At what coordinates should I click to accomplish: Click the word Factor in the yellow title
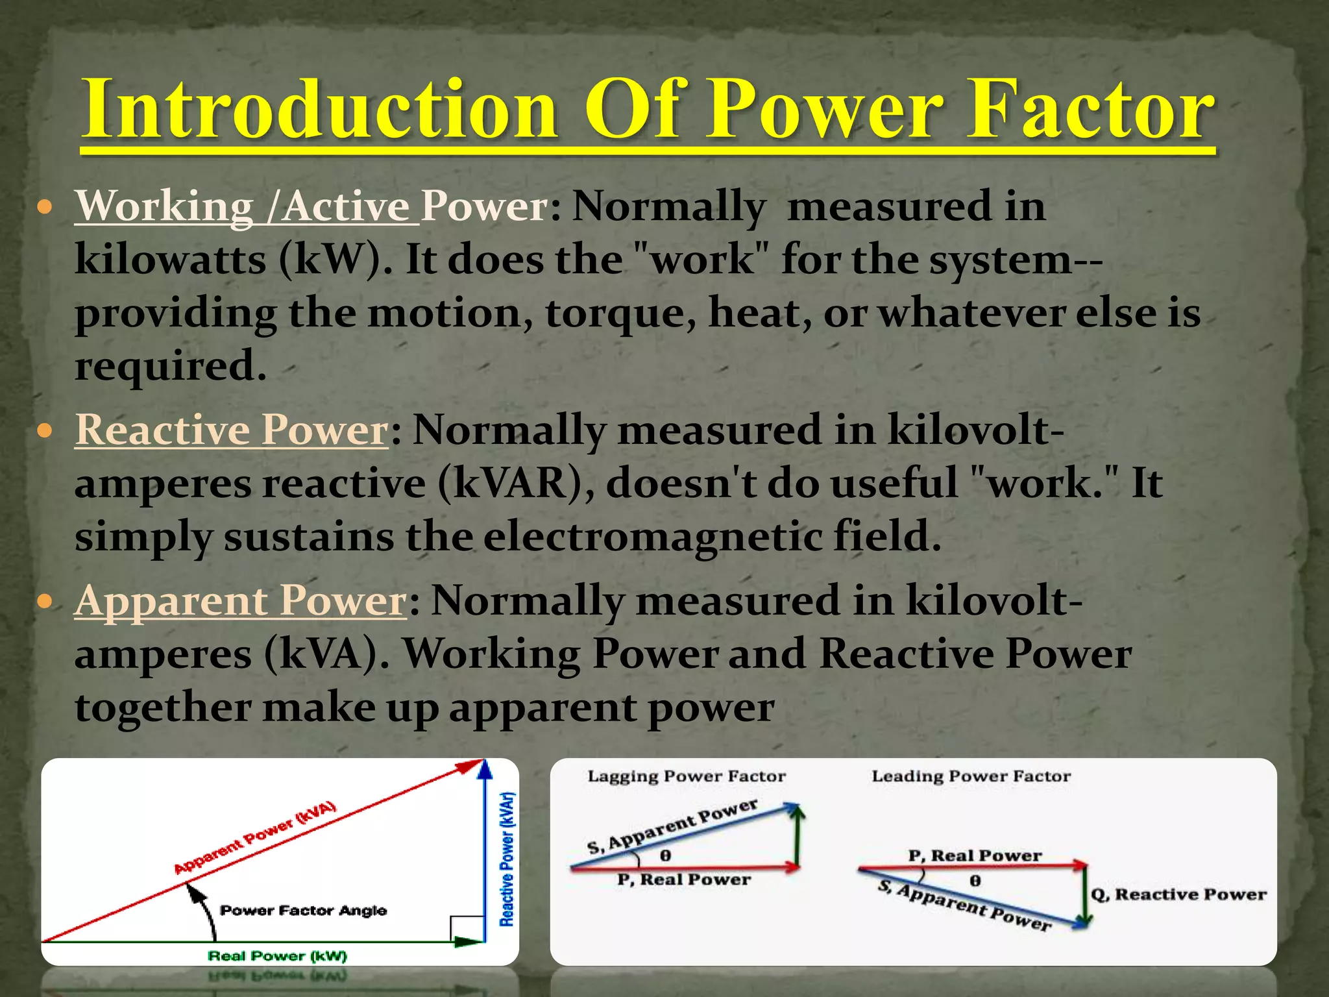(x=1090, y=110)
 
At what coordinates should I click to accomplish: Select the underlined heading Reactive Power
(x=232, y=430)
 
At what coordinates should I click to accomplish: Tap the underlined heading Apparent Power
(x=241, y=600)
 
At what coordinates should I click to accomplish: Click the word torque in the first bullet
(x=620, y=314)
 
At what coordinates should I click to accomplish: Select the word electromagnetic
(x=652, y=537)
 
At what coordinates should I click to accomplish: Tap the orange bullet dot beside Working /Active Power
(x=44, y=208)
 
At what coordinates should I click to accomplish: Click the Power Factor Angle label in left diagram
(x=303, y=911)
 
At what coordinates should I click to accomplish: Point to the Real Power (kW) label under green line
(x=277, y=956)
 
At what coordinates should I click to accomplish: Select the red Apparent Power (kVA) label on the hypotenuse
(x=255, y=838)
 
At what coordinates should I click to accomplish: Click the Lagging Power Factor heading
(x=687, y=776)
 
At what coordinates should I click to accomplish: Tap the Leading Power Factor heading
(x=971, y=776)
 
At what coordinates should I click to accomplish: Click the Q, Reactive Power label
(x=1178, y=894)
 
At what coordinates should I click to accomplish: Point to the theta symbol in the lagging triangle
(x=665, y=855)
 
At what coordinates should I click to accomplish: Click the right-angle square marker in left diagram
(x=467, y=928)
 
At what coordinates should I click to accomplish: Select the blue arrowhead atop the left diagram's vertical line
(x=485, y=770)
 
